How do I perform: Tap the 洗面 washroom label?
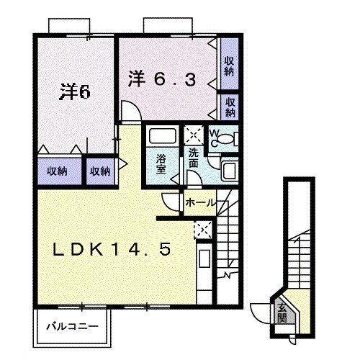coord(194,158)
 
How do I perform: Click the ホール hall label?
coord(200,203)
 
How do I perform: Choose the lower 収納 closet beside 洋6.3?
coord(230,107)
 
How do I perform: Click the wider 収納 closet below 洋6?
coord(58,171)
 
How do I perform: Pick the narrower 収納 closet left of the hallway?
coord(100,171)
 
